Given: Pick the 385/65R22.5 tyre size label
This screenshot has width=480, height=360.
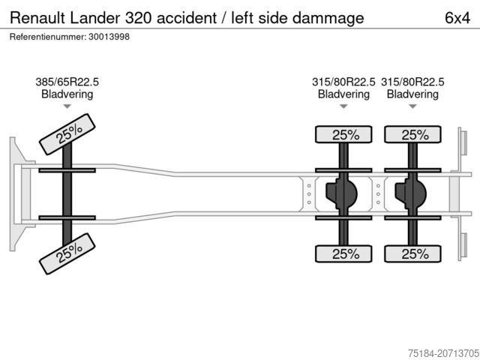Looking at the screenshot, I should point(67,82).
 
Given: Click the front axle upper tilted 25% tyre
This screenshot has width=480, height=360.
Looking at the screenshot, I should point(68,133).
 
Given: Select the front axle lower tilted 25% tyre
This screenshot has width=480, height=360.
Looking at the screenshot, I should point(68,253).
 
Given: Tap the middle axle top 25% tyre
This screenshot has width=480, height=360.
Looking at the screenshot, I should point(343,135).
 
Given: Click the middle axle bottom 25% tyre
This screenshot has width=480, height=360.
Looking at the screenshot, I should point(343,254).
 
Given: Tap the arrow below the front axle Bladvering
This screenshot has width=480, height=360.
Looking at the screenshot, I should point(67,106).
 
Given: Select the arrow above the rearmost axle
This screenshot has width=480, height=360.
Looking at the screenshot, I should point(412,106).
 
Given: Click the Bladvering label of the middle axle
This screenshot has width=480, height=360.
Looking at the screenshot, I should point(343,94).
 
